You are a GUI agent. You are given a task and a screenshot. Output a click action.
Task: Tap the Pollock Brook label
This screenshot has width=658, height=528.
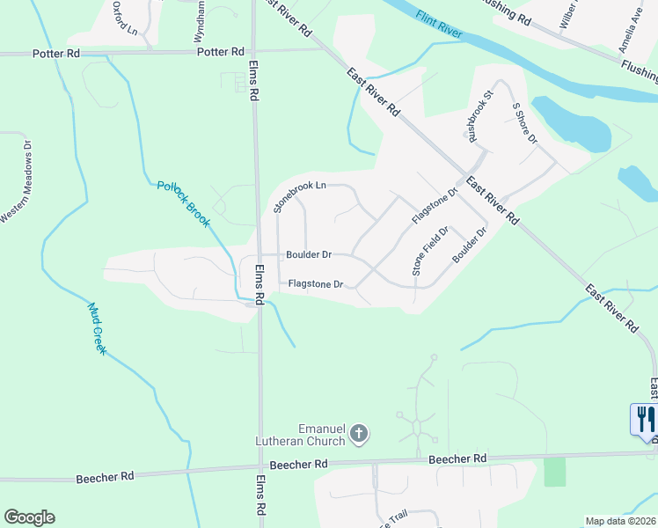(184, 203)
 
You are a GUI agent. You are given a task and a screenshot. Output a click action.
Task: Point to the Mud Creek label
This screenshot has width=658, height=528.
(98, 329)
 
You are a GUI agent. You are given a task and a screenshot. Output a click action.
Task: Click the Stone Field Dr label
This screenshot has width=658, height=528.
(431, 251)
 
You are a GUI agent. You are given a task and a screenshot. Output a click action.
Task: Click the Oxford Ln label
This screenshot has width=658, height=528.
(126, 18)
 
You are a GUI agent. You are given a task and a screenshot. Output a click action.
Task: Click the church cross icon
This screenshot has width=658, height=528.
(358, 433)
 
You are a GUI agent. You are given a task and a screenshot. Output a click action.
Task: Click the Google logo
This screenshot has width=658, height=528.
(29, 517)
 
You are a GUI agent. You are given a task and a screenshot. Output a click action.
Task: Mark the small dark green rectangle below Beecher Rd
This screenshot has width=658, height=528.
(555, 472)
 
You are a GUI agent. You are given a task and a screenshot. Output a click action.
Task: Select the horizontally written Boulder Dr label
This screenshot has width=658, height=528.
(308, 255)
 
